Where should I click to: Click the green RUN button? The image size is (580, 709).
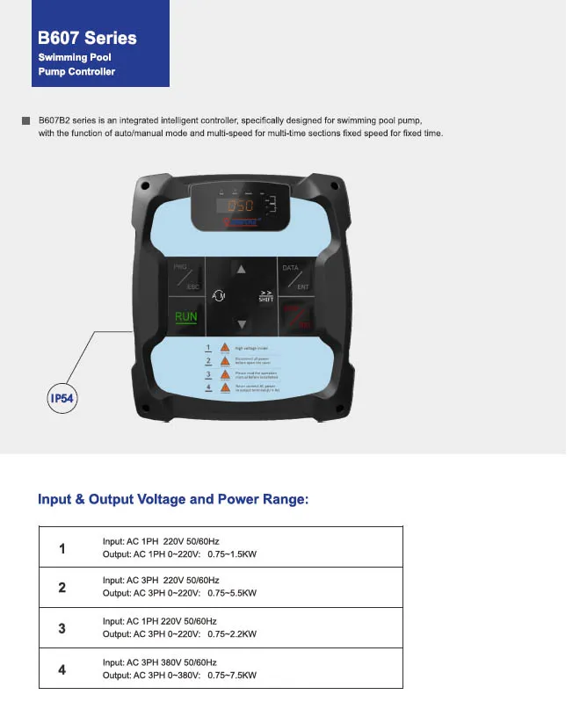pyautogui.click(x=186, y=318)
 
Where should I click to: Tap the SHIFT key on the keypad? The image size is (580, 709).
pyautogui.click(x=265, y=297)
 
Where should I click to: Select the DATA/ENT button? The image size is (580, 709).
pyautogui.click(x=296, y=276)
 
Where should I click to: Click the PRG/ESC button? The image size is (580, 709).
pyautogui.click(x=185, y=276)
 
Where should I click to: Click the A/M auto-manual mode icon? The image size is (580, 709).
pyautogui.click(x=219, y=296)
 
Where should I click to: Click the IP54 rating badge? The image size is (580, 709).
pyautogui.click(x=62, y=398)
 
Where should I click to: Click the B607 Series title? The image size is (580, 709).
pyautogui.click(x=87, y=38)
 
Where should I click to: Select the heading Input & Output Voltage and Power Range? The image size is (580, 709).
pyautogui.click(x=173, y=500)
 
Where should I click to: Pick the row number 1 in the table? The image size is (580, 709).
pyautogui.click(x=62, y=549)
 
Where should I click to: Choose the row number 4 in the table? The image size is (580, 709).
pyautogui.click(x=62, y=669)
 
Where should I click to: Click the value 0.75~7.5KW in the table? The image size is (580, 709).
pyautogui.click(x=232, y=676)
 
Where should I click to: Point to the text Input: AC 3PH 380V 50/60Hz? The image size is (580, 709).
pyautogui.click(x=160, y=662)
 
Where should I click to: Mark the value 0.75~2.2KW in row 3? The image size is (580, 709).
pyautogui.click(x=232, y=634)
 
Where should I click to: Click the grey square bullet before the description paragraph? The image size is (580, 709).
pyautogui.click(x=25, y=119)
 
